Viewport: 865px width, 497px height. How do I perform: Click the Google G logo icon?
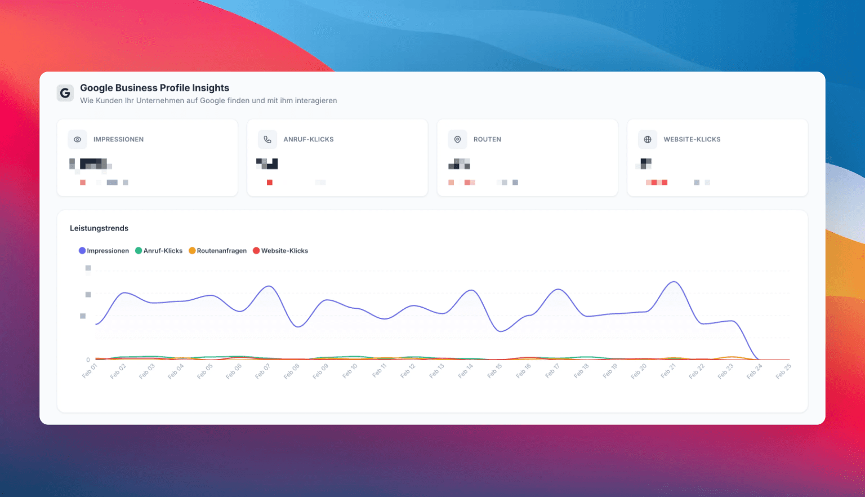(65, 93)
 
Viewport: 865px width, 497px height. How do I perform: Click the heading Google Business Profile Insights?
(154, 88)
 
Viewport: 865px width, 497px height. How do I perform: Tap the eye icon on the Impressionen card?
(78, 139)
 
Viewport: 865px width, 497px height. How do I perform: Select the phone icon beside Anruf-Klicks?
(267, 139)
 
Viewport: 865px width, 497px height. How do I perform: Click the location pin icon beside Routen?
(457, 139)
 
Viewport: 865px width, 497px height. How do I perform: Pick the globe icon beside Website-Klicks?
(648, 139)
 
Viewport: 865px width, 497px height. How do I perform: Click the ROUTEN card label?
(487, 139)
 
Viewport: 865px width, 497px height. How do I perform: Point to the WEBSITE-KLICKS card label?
(692, 139)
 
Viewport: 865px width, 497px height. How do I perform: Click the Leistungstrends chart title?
(99, 228)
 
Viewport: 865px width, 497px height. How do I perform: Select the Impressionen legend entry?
(104, 251)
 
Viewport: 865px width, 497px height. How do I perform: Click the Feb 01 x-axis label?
(90, 371)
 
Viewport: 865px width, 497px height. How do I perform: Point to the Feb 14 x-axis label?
(466, 371)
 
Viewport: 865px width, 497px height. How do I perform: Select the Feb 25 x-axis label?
(783, 371)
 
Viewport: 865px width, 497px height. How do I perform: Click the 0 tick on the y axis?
(88, 360)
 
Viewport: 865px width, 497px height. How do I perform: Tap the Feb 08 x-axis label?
(292, 371)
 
